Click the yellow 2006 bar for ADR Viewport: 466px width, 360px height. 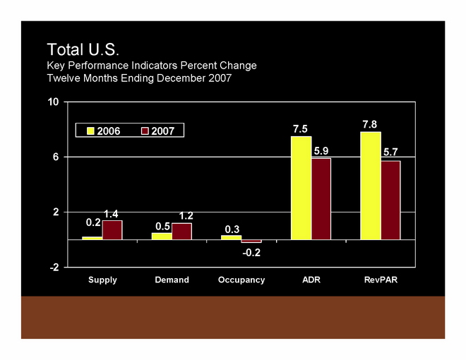click(x=301, y=188)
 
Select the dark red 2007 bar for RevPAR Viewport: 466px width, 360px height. click(x=391, y=200)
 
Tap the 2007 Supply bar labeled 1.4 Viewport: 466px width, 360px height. click(x=112, y=230)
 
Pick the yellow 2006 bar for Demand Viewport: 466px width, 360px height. click(x=162, y=236)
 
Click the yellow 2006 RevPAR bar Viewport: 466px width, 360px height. click(x=371, y=186)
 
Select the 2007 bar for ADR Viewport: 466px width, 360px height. click(x=321, y=198)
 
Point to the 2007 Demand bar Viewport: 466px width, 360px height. click(x=181, y=232)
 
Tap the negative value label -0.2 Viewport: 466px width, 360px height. click(x=251, y=252)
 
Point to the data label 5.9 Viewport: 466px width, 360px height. click(x=321, y=150)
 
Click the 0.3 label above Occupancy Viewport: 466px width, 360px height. click(x=232, y=229)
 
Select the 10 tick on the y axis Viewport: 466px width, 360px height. click(x=53, y=102)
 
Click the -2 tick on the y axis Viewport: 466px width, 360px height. click(x=53, y=268)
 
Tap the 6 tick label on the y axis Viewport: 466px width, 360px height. click(x=55, y=157)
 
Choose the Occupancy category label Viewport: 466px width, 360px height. click(x=241, y=280)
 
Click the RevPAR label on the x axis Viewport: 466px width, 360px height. click(x=381, y=280)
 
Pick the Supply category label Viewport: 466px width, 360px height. click(x=102, y=280)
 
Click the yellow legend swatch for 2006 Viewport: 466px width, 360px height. click(x=90, y=131)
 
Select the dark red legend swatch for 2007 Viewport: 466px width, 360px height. click(x=145, y=131)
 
